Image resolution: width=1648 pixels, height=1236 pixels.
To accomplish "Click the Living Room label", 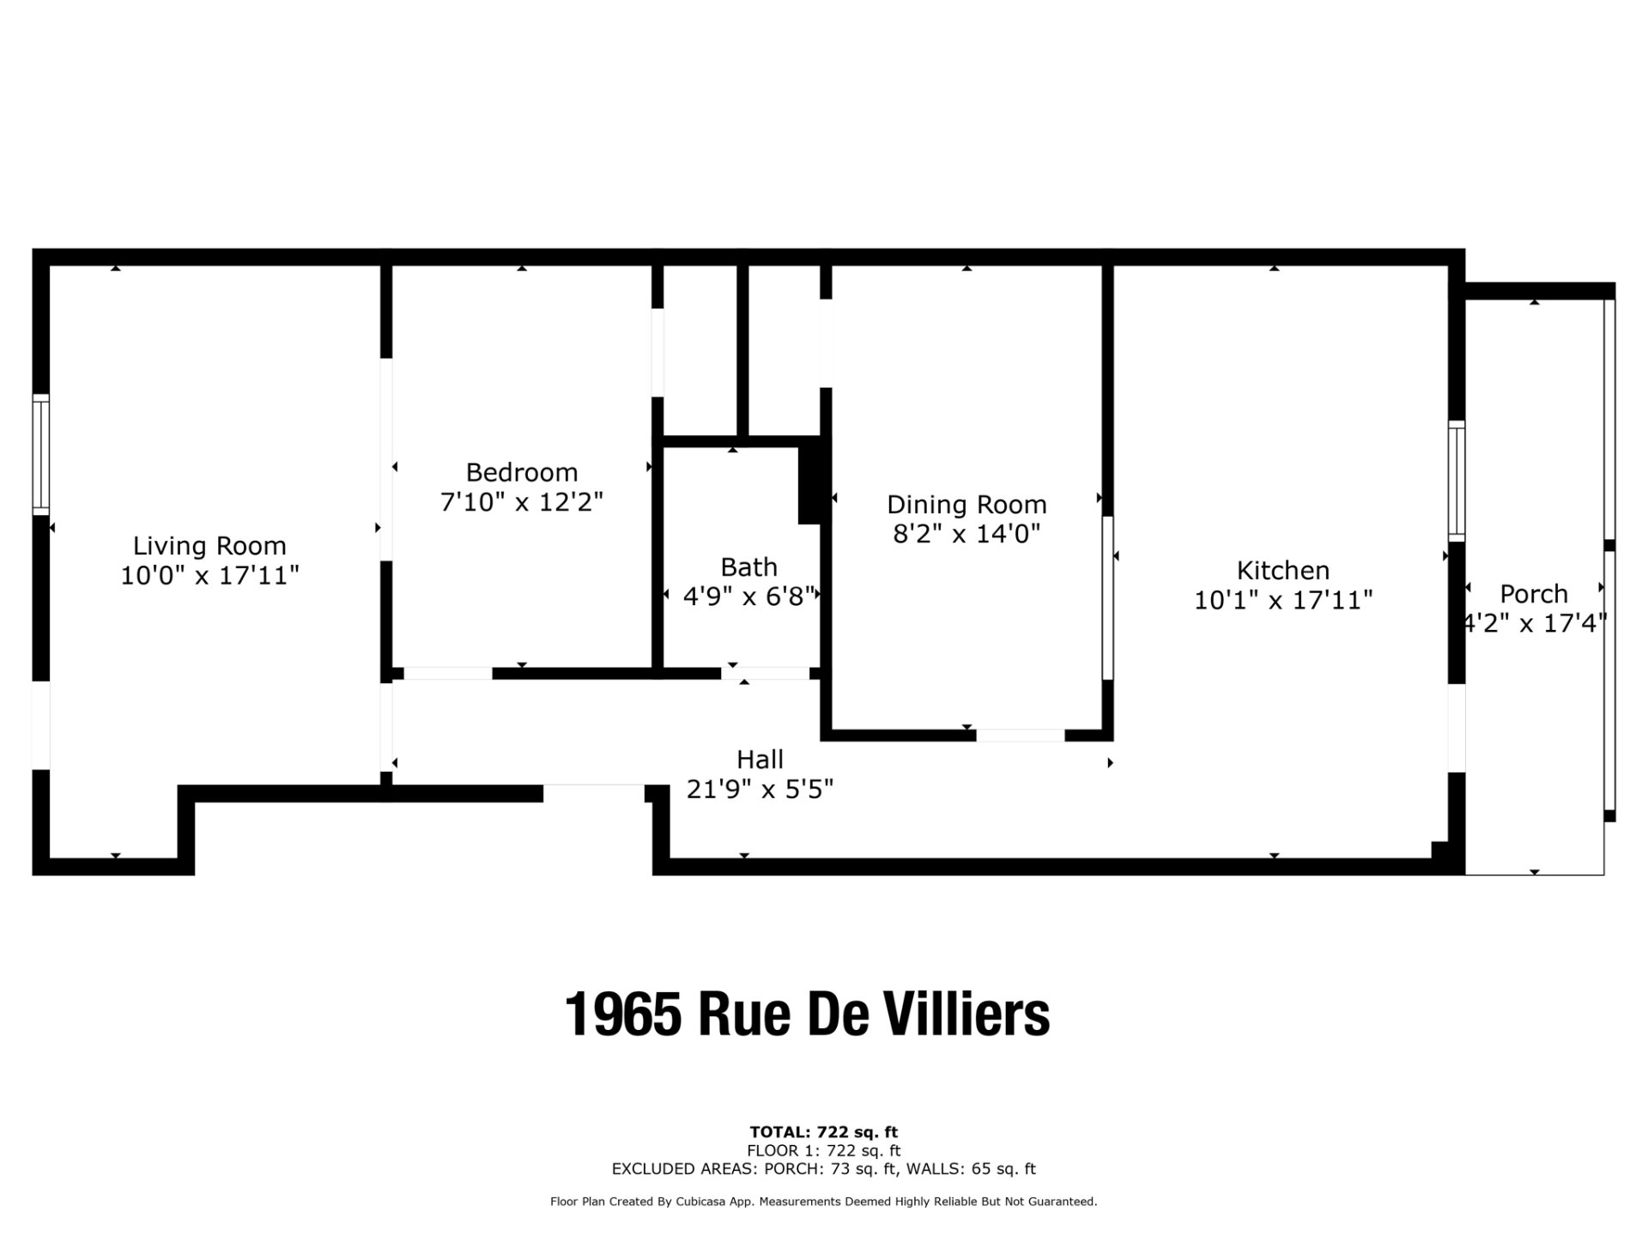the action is [x=209, y=546].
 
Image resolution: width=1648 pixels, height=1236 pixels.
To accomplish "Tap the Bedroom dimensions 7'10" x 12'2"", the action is [x=522, y=502].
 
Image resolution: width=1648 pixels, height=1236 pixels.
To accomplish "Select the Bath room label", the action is [x=749, y=567].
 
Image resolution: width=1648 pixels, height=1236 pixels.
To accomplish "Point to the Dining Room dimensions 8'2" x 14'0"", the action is [x=966, y=534].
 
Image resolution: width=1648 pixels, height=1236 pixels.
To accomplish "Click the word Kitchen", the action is [x=1283, y=571].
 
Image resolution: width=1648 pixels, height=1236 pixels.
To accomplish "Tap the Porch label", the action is [x=1534, y=594].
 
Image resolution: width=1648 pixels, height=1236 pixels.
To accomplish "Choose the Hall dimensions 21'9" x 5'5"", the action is [x=760, y=789].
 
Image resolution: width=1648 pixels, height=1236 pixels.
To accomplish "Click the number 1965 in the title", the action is [x=624, y=1015].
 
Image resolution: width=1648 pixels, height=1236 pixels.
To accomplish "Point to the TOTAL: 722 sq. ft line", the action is [x=824, y=1132].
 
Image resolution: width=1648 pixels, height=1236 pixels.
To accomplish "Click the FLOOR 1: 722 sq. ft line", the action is [x=824, y=1150].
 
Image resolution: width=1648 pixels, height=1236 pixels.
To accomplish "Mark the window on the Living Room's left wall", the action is [x=40, y=455].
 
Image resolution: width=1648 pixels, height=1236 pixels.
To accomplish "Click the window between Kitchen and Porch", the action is [x=1457, y=481].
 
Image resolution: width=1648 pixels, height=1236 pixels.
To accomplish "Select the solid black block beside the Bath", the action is [x=812, y=482].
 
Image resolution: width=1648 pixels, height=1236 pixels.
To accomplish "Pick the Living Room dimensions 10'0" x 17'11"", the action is [x=209, y=575].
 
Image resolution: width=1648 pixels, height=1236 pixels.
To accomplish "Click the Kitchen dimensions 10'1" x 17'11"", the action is [x=1283, y=600].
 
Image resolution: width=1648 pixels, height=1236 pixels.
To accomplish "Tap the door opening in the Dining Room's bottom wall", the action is [x=1021, y=736].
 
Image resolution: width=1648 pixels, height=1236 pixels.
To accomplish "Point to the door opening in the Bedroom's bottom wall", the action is [x=448, y=674].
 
